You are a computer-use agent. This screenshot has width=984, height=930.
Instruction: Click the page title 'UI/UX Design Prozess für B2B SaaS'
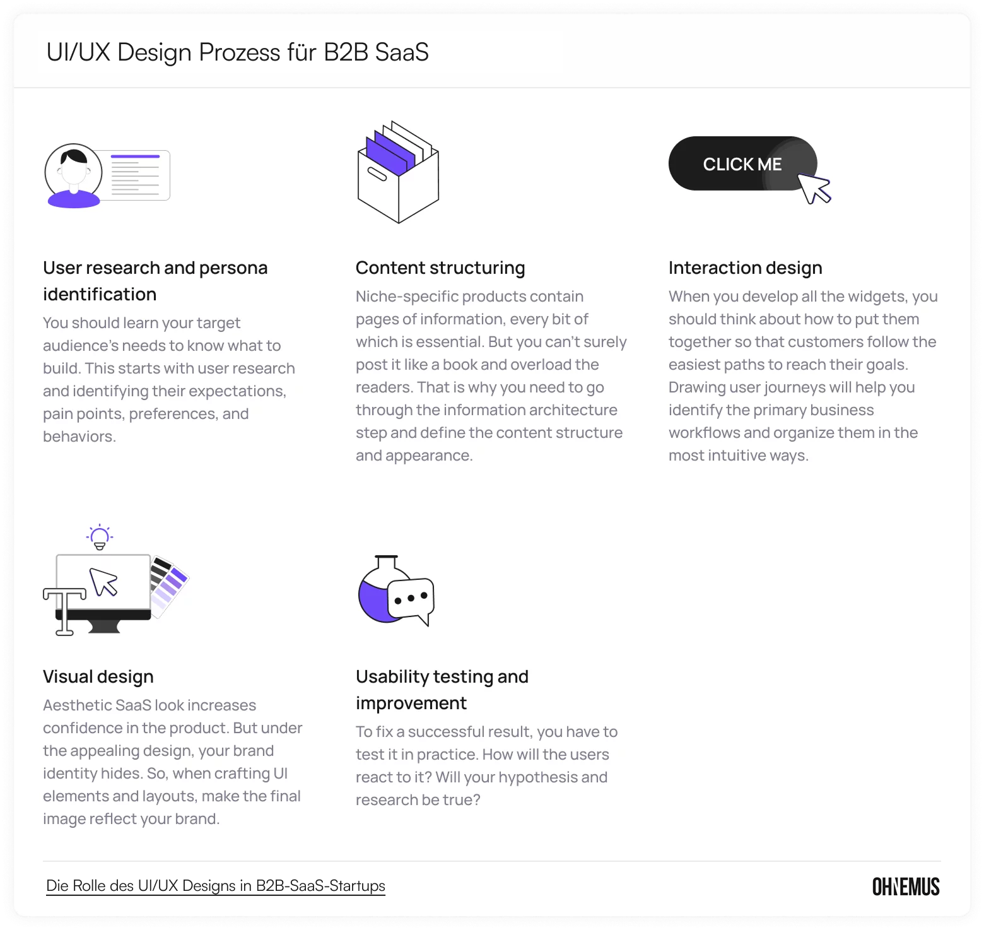[237, 52]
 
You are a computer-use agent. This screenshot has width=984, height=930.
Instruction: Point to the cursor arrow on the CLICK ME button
[814, 189]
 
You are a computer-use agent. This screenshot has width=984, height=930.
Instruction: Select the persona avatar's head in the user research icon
[74, 165]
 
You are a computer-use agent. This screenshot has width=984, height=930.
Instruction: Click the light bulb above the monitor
[100, 537]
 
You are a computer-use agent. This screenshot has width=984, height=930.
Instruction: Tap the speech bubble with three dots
[411, 597]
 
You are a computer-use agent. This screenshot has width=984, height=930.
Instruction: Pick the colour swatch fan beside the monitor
[168, 584]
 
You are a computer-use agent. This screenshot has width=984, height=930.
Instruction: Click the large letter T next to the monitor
[64, 610]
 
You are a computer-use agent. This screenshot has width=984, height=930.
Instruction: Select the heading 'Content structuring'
[440, 268]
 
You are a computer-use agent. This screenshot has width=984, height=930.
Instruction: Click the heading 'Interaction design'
[745, 268]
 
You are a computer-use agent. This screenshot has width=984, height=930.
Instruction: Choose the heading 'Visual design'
[98, 677]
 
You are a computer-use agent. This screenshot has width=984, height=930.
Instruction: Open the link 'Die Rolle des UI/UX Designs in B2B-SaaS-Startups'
[216, 886]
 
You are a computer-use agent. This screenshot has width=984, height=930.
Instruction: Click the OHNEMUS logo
[906, 886]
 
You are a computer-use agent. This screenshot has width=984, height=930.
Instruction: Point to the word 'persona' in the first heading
[233, 268]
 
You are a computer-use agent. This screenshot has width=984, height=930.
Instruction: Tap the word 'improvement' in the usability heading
[411, 703]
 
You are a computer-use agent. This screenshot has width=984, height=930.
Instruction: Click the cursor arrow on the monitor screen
[103, 582]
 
